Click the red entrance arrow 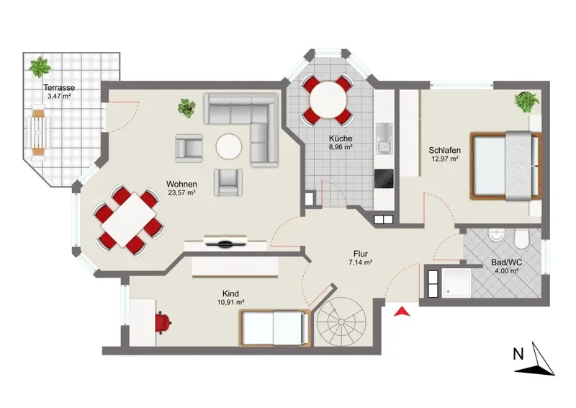coord(402,311)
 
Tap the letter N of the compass coord(518,354)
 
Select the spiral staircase coord(341,321)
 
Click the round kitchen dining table coord(328,100)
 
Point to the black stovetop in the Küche coord(384,179)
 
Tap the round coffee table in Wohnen coord(228,146)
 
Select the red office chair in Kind coord(163,322)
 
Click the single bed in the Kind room coord(274,327)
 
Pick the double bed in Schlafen coord(506,166)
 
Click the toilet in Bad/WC coord(521,239)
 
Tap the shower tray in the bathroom coord(456,283)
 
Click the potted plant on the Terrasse coord(40,67)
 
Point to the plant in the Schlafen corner coord(527,102)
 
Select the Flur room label coord(361,254)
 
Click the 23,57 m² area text coord(181,192)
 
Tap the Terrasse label coord(59,87)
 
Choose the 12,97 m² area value coord(444,159)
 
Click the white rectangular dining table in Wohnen coord(128,220)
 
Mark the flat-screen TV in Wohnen coord(225,242)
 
